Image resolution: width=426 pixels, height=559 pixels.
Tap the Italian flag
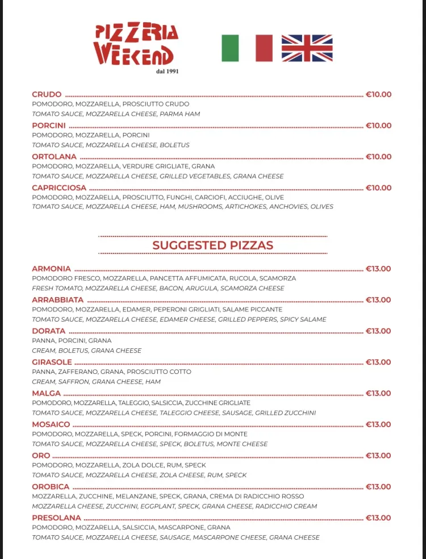pos(247,48)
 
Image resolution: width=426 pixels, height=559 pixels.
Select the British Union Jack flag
pos(307,48)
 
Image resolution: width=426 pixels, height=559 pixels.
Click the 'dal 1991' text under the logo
pos(167,71)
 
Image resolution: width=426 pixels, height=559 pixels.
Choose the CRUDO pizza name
pos(47,94)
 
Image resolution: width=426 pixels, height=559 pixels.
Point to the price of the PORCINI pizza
pos(378,126)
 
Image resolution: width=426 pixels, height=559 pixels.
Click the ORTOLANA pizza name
pos(54,157)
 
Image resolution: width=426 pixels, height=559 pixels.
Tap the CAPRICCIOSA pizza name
pos(59,187)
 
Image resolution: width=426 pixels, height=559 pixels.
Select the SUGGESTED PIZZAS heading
pos(212,245)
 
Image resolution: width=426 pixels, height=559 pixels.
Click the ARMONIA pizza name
pos(51,269)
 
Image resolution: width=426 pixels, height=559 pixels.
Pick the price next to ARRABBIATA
pos(378,300)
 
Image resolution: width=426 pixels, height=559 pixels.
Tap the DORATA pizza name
pos(48,331)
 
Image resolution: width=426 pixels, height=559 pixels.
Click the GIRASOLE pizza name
pos(52,362)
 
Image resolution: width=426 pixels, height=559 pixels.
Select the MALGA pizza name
pos(46,393)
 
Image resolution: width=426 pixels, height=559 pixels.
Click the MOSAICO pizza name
pos(51,424)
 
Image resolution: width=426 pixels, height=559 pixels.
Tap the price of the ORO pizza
pos(378,456)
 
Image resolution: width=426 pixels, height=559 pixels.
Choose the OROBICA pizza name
pos(51,487)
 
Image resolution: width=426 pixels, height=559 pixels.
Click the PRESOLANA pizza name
pos(56,518)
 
